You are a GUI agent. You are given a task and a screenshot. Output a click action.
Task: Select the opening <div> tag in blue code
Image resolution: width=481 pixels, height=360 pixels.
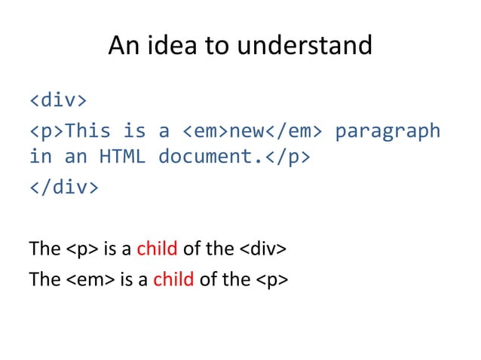click(x=58, y=100)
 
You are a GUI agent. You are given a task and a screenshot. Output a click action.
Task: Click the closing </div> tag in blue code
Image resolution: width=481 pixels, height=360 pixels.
click(x=64, y=186)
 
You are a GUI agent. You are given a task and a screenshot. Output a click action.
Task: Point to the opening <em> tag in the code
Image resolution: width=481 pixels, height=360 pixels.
click(x=205, y=130)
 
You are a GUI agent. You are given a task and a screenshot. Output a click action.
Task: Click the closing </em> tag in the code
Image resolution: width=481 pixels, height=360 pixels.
click(x=293, y=130)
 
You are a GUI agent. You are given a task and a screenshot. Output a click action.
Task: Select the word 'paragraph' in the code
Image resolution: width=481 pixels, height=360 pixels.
click(x=387, y=130)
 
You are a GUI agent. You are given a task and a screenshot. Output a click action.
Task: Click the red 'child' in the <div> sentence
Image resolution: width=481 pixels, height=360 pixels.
click(x=156, y=249)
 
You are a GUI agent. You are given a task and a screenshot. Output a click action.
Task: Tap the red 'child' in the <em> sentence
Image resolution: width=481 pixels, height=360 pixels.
click(x=173, y=279)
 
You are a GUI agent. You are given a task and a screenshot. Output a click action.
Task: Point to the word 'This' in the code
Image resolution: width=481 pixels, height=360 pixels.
click(x=87, y=130)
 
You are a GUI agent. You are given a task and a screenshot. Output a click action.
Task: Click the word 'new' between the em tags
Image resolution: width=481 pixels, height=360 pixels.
click(x=246, y=130)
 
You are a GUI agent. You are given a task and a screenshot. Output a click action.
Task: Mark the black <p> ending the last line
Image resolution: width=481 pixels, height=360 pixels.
click(x=273, y=279)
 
